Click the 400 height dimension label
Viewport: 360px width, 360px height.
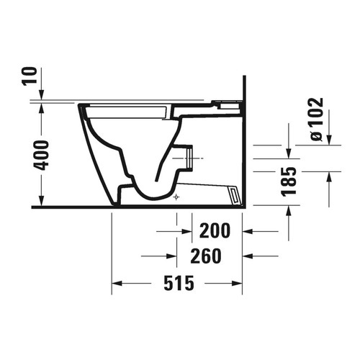point(42,154)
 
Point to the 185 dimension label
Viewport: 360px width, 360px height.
point(289,182)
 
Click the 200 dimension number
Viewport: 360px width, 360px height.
point(215,231)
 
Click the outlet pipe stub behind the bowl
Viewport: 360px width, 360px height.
point(186,157)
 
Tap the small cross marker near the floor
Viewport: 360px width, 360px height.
point(176,196)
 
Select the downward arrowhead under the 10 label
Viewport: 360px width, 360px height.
point(42,95)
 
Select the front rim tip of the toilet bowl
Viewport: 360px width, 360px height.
point(78,107)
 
